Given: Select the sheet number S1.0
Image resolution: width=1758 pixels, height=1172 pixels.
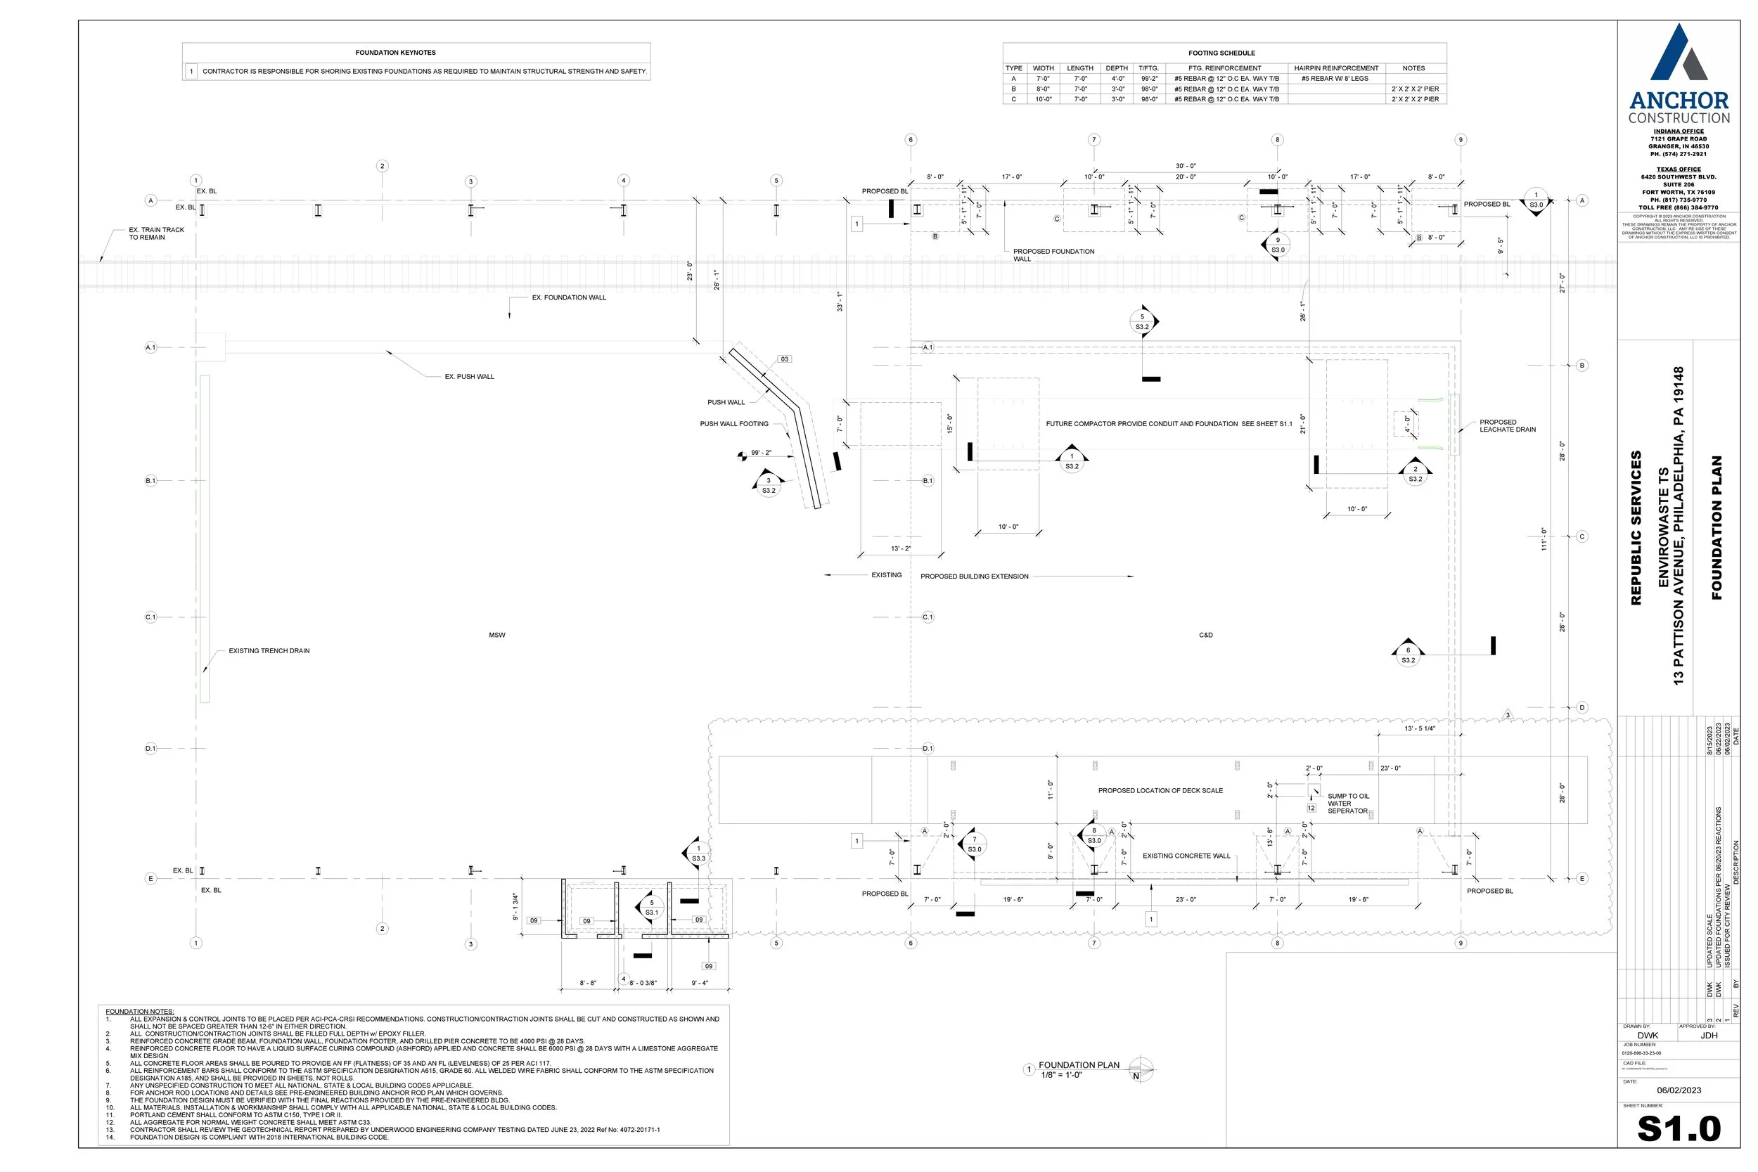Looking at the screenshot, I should [1678, 1128].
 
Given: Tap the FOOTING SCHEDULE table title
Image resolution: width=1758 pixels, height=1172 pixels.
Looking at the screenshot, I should [1221, 53].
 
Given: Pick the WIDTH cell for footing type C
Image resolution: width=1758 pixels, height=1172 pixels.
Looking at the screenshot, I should [1043, 99].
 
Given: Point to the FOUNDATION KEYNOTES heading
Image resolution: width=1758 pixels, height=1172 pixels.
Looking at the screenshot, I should [395, 53].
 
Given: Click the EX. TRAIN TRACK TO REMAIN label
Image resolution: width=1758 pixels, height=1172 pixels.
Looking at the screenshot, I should [156, 234].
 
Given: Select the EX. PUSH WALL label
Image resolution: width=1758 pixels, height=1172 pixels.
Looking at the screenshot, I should [470, 377].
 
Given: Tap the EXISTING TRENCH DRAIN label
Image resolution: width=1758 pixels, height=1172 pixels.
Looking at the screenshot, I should [269, 651].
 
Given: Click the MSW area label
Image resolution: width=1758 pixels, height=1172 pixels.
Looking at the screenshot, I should [497, 636].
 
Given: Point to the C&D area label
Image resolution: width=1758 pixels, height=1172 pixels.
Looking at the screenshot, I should [1205, 636].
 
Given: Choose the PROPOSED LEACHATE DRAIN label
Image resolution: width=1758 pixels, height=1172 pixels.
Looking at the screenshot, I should [1507, 426].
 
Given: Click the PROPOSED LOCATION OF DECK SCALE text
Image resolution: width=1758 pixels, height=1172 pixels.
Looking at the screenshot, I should [1160, 791].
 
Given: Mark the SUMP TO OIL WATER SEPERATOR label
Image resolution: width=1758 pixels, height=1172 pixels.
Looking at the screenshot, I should [1347, 804].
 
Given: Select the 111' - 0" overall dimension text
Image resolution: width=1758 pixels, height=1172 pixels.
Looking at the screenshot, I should [1544, 539].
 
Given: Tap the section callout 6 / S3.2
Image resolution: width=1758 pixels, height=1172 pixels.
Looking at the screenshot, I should [1409, 655].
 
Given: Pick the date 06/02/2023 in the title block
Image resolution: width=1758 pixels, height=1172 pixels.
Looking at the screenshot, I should [1679, 1090].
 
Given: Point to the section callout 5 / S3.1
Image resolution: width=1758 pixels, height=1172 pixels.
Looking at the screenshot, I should [651, 908].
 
